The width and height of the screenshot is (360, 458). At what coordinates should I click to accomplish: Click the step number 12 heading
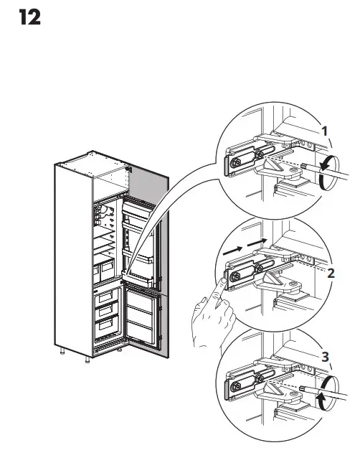pyautogui.click(x=29, y=18)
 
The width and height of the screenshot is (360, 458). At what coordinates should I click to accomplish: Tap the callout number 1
pyautogui.click(x=325, y=131)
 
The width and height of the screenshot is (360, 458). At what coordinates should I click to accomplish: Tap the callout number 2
pyautogui.click(x=331, y=273)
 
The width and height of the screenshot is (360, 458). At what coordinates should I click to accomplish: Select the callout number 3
pyautogui.click(x=325, y=356)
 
